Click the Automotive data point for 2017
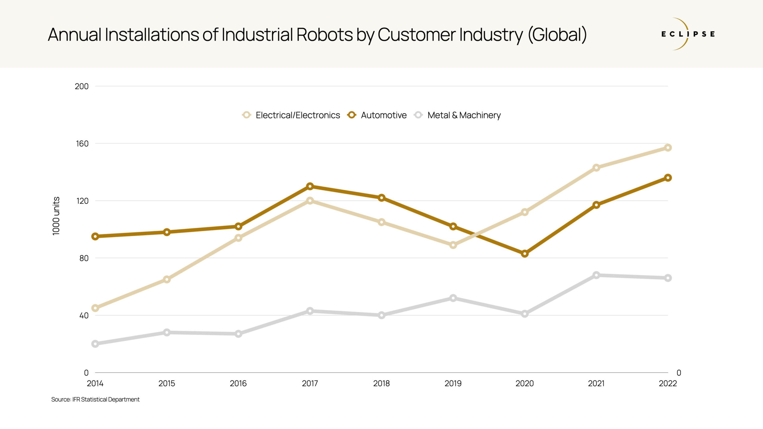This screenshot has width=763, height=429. [x=310, y=186]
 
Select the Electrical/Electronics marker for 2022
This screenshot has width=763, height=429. [x=668, y=148]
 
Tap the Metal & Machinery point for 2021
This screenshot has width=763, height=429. [x=596, y=275]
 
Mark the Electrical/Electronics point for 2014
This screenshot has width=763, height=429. [x=95, y=308]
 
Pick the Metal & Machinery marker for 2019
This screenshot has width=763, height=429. [x=453, y=298]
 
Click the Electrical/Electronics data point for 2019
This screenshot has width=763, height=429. [x=453, y=245]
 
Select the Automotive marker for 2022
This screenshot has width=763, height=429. [x=668, y=178]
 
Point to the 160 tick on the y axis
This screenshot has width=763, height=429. [x=82, y=144]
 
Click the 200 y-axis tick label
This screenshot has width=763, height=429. [x=81, y=86]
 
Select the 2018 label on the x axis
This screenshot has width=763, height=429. [x=381, y=383]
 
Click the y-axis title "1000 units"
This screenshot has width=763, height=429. [x=56, y=216]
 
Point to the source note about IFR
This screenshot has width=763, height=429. [x=95, y=399]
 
